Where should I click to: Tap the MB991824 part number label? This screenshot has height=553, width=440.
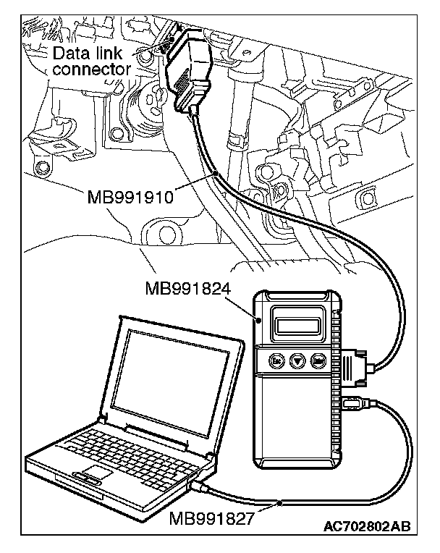pyautogui.click(x=187, y=289)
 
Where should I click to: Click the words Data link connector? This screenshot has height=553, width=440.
pyautogui.click(x=92, y=61)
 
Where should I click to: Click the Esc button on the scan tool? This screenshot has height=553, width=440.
pyautogui.click(x=276, y=360)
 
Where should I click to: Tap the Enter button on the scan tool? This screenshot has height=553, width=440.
pyautogui.click(x=317, y=360)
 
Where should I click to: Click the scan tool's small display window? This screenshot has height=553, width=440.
pyautogui.click(x=300, y=320)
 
